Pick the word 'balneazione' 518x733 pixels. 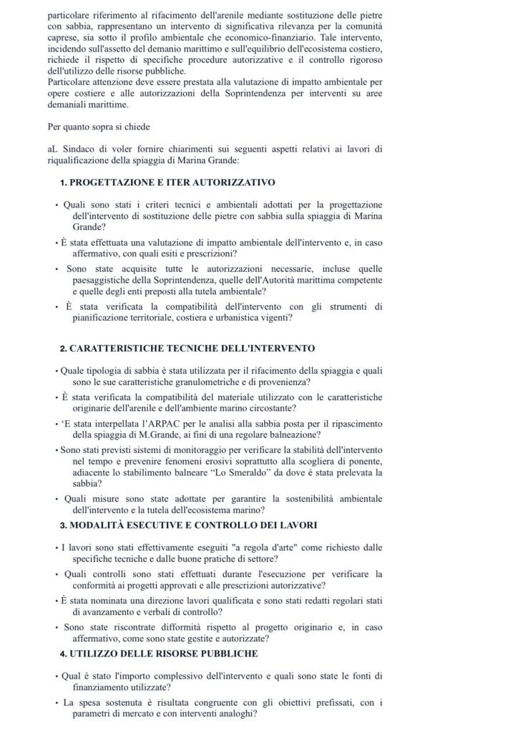292,435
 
